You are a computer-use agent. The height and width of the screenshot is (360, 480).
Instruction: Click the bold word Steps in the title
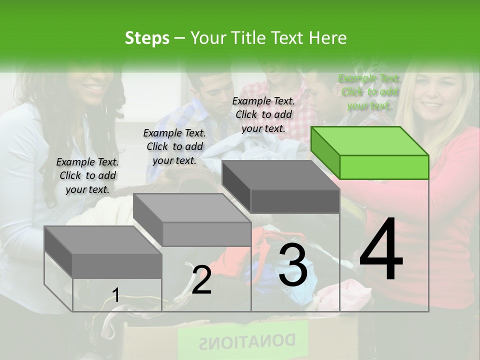(147, 38)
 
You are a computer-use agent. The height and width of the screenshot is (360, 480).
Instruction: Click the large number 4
(381, 250)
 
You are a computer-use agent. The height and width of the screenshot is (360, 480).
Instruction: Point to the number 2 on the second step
(201, 280)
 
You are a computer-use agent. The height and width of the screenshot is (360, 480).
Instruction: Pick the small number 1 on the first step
(116, 295)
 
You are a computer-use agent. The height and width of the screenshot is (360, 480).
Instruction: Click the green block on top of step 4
(370, 152)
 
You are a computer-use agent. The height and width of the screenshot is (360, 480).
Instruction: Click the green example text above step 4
(369, 92)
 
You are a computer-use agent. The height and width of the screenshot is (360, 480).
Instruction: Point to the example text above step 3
(263, 114)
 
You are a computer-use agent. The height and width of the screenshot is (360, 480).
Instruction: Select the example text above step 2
(174, 146)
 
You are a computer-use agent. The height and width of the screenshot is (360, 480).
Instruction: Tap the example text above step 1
(87, 175)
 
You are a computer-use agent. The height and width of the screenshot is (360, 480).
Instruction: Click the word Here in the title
(328, 38)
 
